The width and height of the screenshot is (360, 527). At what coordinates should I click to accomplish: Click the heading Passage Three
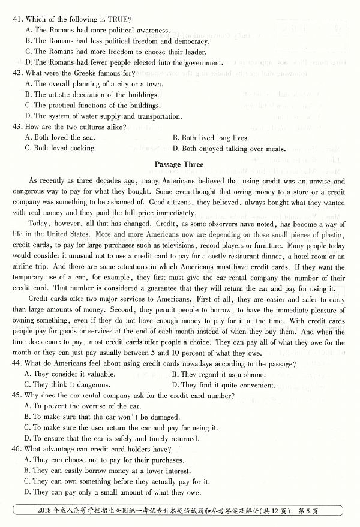(x=179, y=164)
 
